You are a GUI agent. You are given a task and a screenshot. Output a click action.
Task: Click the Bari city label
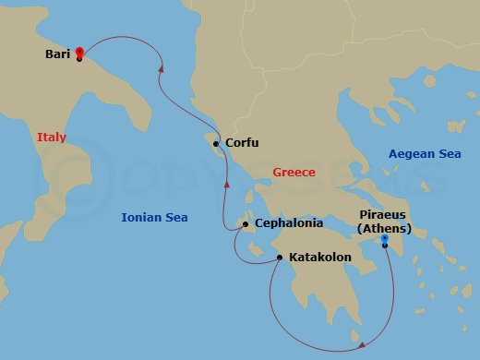(58, 54)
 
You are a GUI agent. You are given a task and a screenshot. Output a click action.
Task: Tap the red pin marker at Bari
(79, 53)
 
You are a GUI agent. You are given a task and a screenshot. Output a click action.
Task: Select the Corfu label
(241, 143)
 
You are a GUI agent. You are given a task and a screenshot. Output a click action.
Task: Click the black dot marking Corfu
(216, 144)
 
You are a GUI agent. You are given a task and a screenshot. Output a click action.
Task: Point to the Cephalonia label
(287, 223)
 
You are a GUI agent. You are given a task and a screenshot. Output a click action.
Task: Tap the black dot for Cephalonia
(245, 224)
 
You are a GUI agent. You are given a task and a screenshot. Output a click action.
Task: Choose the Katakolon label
(319, 257)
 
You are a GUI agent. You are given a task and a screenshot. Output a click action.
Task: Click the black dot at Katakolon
(279, 258)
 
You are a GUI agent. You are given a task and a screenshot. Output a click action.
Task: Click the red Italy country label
(52, 137)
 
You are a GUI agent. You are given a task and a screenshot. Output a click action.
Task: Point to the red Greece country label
(294, 173)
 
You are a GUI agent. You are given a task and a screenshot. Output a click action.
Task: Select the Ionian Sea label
(154, 218)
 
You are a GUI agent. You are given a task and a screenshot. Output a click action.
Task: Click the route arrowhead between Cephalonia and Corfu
(225, 185)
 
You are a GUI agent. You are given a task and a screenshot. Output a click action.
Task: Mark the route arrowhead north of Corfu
(162, 67)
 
